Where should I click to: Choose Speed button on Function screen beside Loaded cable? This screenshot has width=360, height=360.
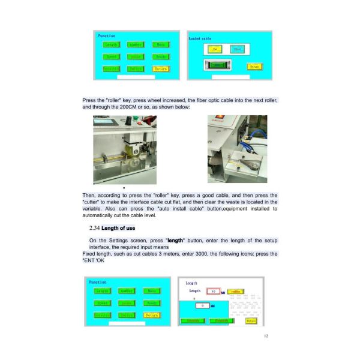pyautogui.click(x=111, y=57)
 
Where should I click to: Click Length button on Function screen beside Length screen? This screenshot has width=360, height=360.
pyautogui.click(x=107, y=290)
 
